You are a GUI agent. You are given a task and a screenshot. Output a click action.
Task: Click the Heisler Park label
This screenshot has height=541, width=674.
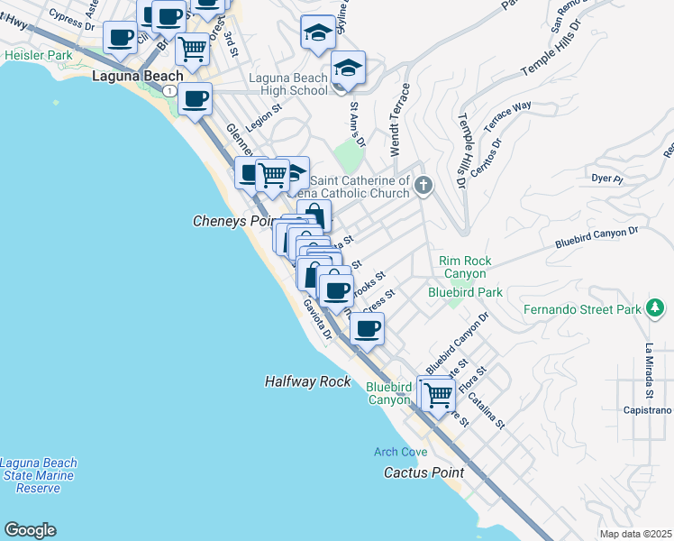38,56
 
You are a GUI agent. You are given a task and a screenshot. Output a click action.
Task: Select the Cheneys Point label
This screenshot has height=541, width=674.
232,221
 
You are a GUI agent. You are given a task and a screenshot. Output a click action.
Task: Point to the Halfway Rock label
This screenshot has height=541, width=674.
307,381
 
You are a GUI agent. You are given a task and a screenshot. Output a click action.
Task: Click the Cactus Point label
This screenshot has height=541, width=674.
424,472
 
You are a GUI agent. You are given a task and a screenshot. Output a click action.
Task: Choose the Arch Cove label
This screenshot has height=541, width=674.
401,451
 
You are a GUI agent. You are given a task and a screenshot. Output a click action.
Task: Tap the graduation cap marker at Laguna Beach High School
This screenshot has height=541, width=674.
347,68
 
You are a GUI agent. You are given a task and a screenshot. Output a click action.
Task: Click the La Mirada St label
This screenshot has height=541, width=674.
648,371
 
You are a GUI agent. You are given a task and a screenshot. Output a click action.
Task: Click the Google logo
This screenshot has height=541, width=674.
30,530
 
